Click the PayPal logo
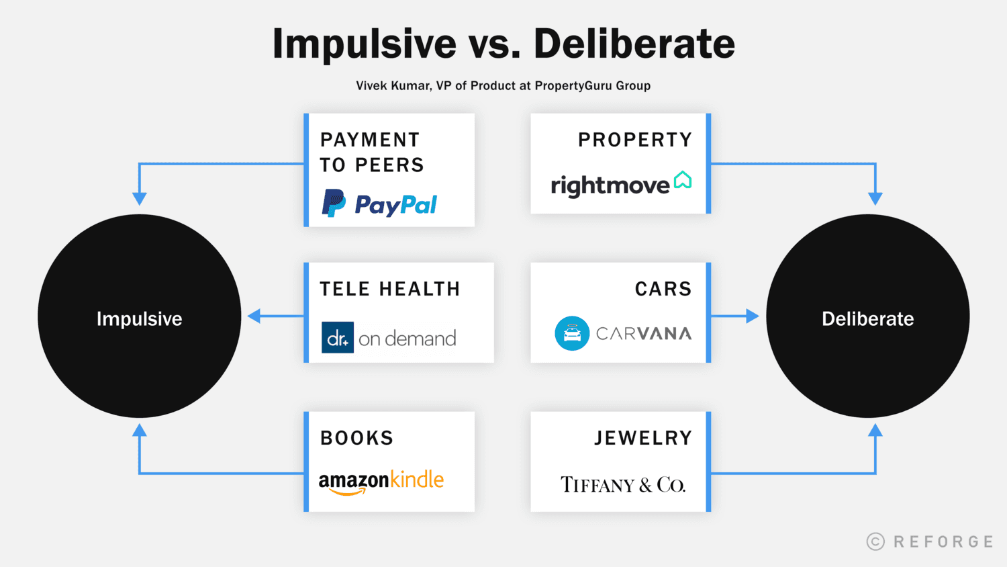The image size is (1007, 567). pos(380,204)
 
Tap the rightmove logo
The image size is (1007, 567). pos(620,184)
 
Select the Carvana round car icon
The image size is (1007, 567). pos(572,333)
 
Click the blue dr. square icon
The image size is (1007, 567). pos(338,338)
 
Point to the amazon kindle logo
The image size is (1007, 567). pos(381,482)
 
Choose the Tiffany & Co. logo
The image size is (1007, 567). pos(623,484)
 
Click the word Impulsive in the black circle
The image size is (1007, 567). pos(139,318)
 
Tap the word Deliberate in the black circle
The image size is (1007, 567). pos(867,318)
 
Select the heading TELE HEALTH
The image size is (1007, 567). pos(389,289)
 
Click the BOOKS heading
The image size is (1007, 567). pos(356,438)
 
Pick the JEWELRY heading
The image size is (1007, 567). pos(642,438)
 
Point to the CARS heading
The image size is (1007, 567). pos(663,289)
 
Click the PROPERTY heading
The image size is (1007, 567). pos(634,140)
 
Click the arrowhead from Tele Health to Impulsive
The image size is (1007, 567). pos(254,316)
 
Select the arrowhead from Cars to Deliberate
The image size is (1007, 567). pos(752,316)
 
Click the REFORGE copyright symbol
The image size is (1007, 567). pos(875,541)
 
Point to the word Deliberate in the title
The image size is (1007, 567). pos(634,44)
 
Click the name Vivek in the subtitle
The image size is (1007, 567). pos(371,85)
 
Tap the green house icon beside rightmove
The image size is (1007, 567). pos(682,180)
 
